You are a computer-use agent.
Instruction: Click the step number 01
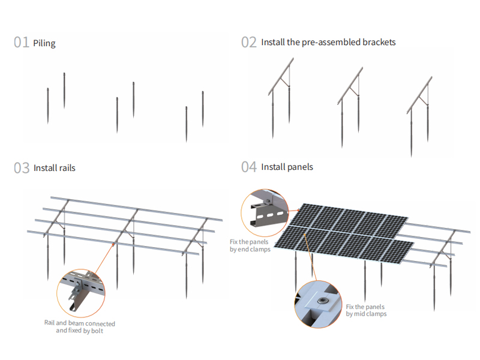[22, 43]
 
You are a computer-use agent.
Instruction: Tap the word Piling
[45, 43]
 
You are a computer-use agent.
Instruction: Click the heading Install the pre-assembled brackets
[328, 42]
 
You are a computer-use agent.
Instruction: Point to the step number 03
[22, 168]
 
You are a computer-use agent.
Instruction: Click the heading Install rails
[55, 168]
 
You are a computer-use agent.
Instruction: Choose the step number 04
[249, 167]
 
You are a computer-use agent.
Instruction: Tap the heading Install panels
[287, 167]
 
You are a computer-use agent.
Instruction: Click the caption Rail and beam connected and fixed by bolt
[79, 327]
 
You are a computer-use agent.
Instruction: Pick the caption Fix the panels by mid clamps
[366, 310]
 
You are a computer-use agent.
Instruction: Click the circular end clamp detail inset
[265, 213]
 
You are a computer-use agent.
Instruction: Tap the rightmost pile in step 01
[203, 108]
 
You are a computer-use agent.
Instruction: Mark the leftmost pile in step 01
[48, 106]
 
